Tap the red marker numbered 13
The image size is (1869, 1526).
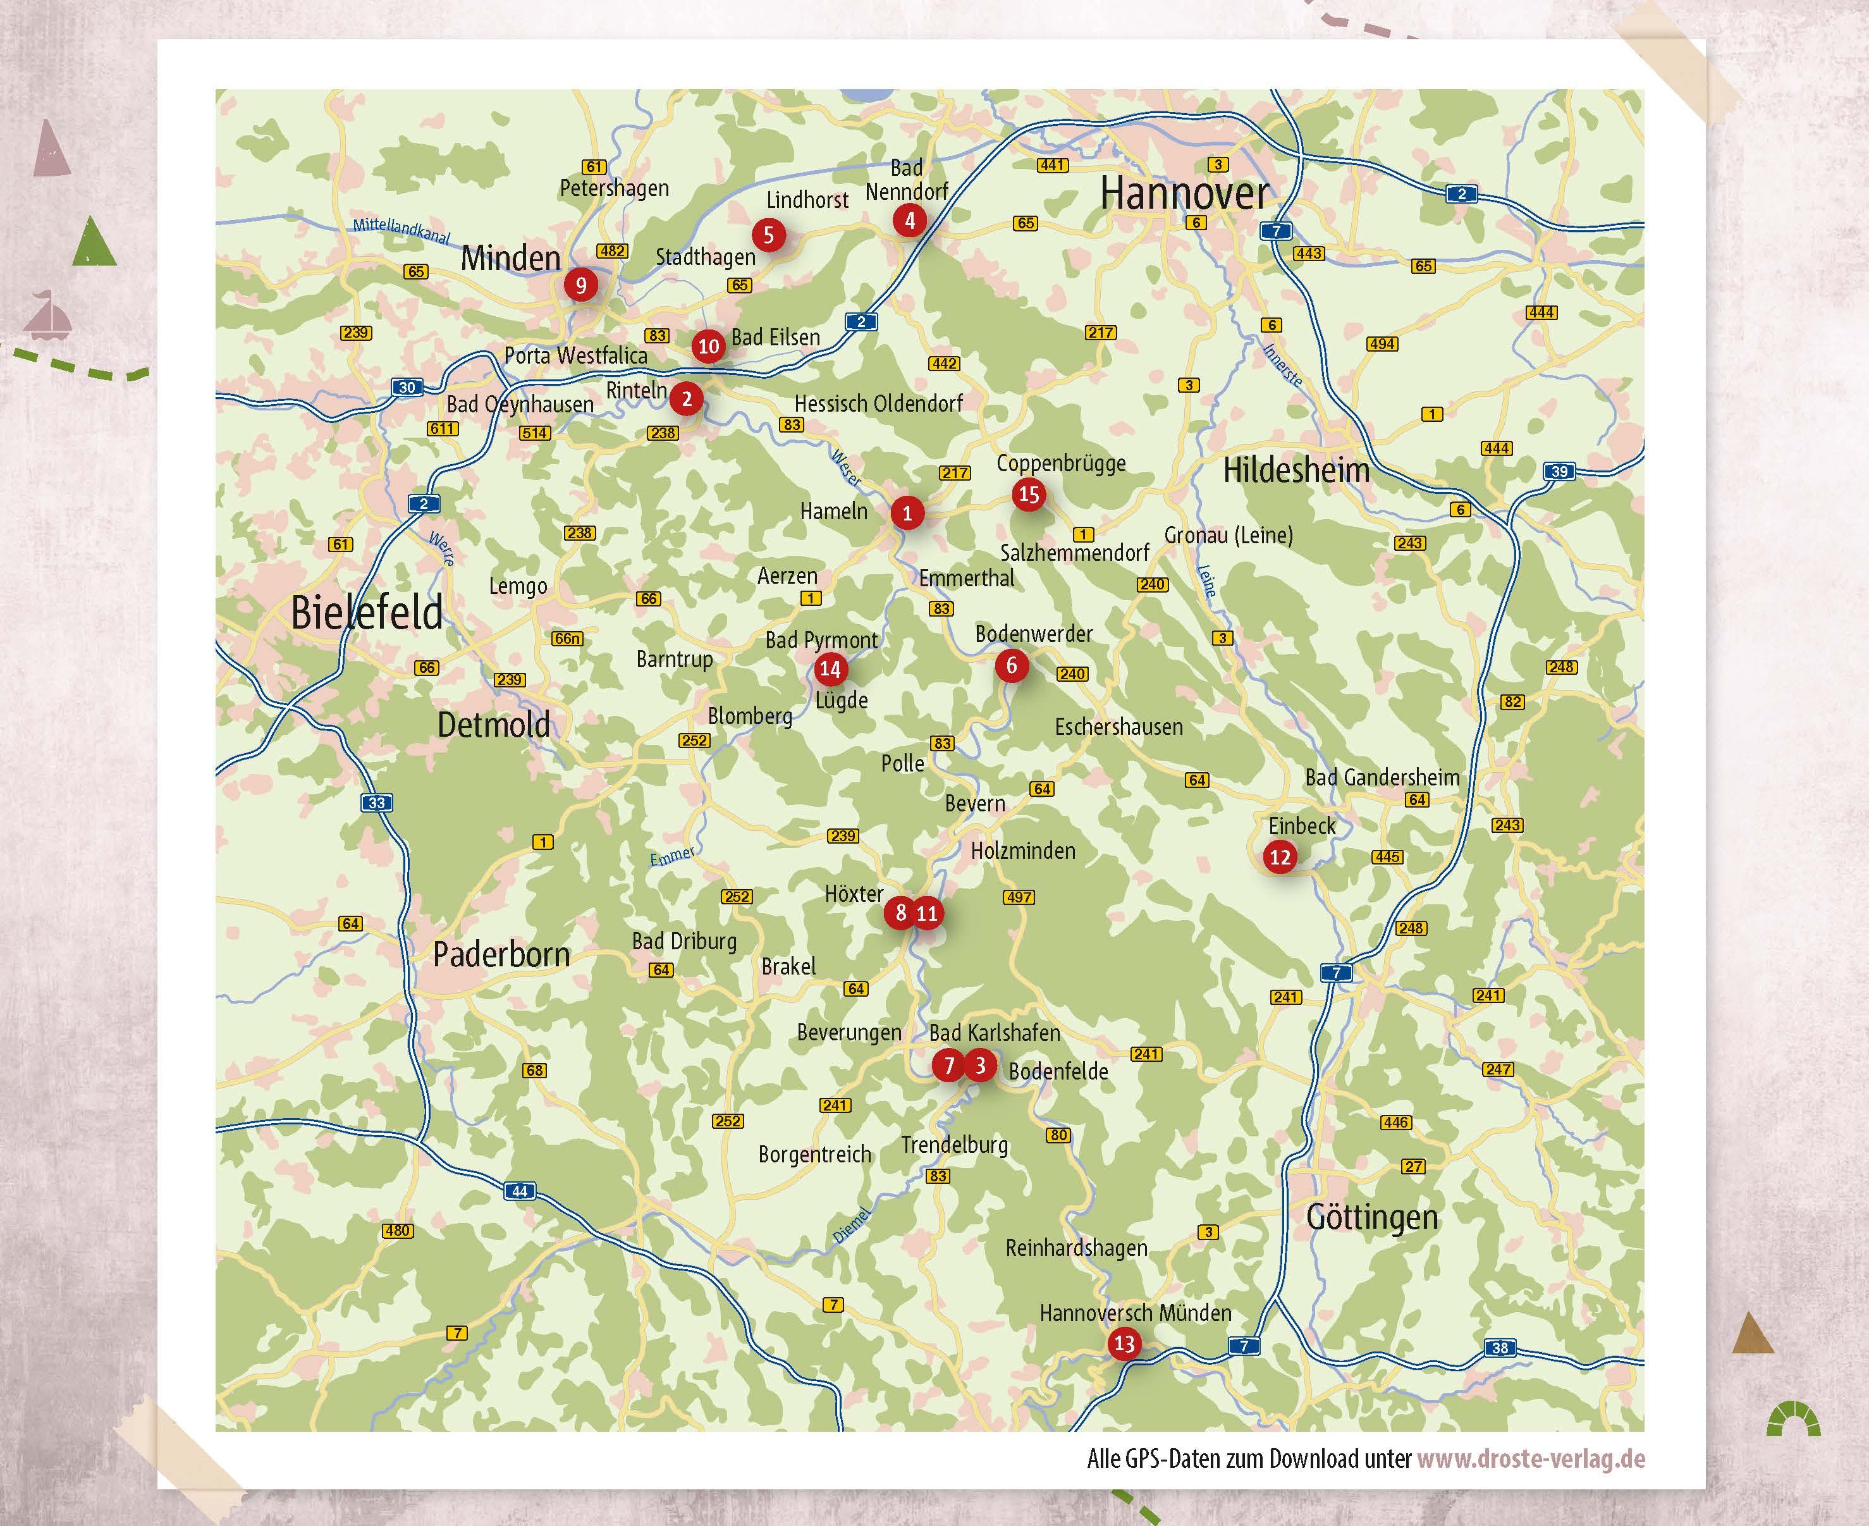click(x=1124, y=1343)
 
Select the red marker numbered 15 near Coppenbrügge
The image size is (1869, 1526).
click(x=1028, y=494)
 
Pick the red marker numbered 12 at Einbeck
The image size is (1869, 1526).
click(x=1279, y=857)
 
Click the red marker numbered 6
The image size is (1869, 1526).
click(x=1012, y=665)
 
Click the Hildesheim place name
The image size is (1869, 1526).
click(x=1296, y=471)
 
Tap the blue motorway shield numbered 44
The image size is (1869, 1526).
click(x=519, y=1191)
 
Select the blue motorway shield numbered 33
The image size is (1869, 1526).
click(x=377, y=803)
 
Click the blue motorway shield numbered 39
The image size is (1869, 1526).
click(x=1559, y=471)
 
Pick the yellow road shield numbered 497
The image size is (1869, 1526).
click(x=1019, y=897)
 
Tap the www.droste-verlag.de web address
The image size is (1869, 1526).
click(x=1531, y=1459)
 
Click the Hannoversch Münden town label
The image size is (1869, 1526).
click(x=1136, y=1314)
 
